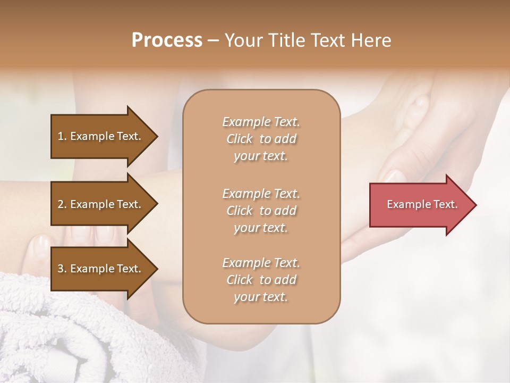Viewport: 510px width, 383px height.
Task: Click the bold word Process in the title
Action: pyautogui.click(x=167, y=40)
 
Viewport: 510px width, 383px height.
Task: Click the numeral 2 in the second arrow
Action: pyautogui.click(x=61, y=204)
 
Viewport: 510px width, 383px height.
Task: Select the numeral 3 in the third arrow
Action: pyautogui.click(x=61, y=269)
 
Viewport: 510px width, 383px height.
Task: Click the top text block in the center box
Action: pyautogui.click(x=261, y=139)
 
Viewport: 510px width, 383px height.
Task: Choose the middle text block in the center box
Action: pyautogui.click(x=261, y=211)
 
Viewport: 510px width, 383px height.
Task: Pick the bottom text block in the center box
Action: pyautogui.click(x=261, y=280)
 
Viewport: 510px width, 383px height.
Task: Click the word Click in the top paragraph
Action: pyautogui.click(x=239, y=139)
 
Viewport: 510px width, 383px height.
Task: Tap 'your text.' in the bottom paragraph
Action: pyautogui.click(x=261, y=297)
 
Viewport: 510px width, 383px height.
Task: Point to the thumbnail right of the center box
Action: pyautogui.click(x=394, y=175)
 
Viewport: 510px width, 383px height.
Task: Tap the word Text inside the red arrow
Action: pyautogui.click(x=446, y=204)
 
